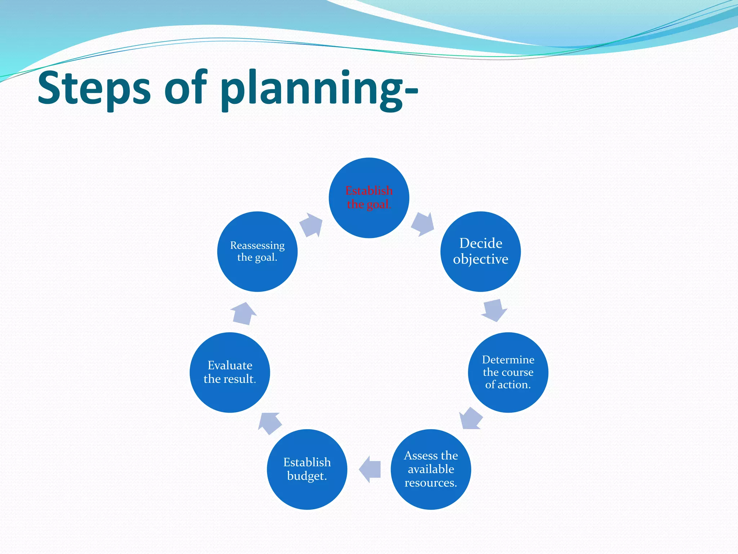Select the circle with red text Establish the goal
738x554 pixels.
click(369, 198)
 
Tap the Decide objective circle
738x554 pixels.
click(480, 251)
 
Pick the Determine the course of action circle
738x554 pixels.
click(508, 372)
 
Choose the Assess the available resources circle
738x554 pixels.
click(431, 469)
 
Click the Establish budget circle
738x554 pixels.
click(307, 469)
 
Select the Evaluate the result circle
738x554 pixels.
click(230, 372)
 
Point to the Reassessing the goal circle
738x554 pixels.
click(257, 251)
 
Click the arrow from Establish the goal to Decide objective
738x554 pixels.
click(423, 224)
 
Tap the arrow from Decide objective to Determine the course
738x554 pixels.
click(494, 310)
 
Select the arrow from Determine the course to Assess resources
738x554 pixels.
click(471, 419)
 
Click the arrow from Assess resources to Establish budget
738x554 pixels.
click(370, 469)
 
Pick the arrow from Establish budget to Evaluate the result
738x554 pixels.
click(270, 423)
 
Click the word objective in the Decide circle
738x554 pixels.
click(480, 259)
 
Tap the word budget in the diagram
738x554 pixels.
click(307, 476)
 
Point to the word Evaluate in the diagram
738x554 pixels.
click(230, 365)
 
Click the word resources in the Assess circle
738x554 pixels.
click(431, 483)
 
